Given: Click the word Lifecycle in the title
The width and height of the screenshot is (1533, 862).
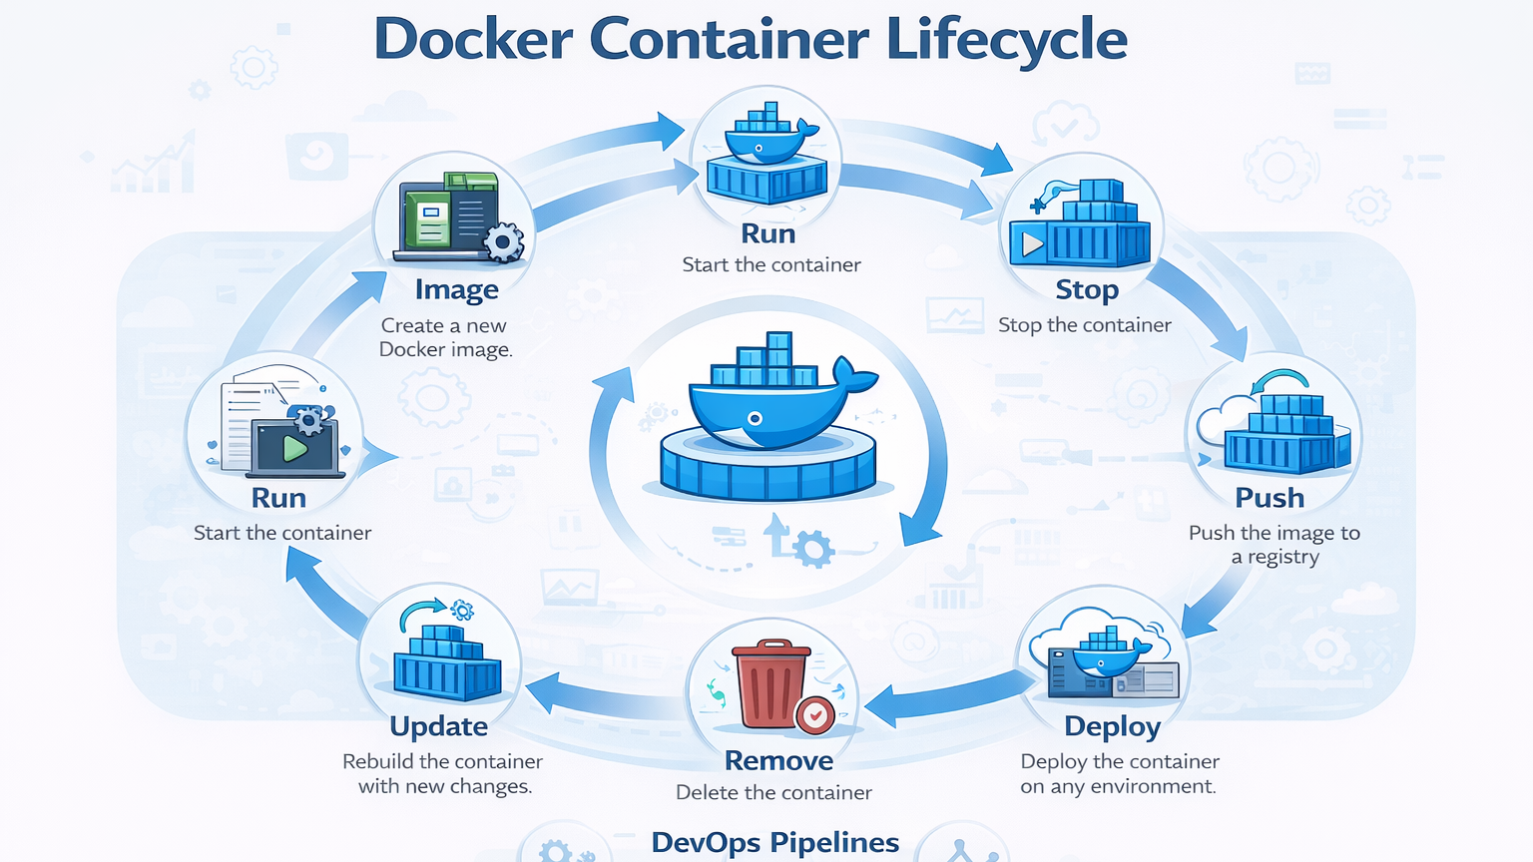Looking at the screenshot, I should coord(1006,40).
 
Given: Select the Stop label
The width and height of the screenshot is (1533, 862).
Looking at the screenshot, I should coord(1087,290).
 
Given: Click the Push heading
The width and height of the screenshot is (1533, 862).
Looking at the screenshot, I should coord(1270,498).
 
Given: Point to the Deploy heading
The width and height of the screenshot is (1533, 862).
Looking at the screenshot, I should coord(1112,727).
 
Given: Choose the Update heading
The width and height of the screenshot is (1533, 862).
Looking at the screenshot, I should coord(439,726).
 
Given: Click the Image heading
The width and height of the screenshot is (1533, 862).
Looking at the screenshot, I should coord(456,290).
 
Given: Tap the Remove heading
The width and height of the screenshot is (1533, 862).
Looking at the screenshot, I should coord(778,761).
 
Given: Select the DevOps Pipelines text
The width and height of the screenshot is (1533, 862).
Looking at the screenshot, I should coord(775,843).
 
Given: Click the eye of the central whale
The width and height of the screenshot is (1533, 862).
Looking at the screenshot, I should coord(756,419).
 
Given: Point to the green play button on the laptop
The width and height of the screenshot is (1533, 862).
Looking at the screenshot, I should coord(294,449).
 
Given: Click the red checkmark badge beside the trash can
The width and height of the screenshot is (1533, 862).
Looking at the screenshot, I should coord(815,714).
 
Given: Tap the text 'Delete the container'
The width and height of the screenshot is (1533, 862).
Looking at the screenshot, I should coord(773,793).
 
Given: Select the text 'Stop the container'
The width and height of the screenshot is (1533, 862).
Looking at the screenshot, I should coord(1085,325).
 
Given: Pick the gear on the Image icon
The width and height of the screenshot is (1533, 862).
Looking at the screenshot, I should coord(503,242).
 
